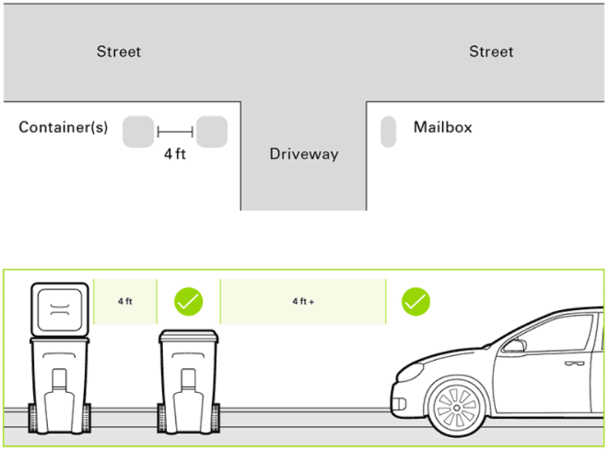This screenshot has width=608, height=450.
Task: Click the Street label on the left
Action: pos(119,52)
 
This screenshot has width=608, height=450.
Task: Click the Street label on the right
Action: pos(491,52)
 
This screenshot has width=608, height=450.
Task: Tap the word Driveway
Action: pos(304,154)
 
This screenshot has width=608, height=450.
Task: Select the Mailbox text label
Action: pos(443,127)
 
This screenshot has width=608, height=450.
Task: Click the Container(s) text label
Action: pos(64,127)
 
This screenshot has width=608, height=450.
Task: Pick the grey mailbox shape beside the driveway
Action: pos(388,132)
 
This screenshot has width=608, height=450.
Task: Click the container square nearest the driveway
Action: pos(212,132)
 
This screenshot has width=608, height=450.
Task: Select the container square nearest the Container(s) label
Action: pos(138,132)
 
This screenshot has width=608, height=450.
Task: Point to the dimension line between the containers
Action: pos(175,132)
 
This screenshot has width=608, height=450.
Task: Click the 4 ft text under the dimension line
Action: pos(175,154)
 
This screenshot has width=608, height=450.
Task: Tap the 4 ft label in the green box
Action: pos(125,301)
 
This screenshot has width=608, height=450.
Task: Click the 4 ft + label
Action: pos(303,301)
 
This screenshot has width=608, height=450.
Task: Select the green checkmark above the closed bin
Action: pos(189,301)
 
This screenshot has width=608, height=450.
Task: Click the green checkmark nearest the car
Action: pos(415,301)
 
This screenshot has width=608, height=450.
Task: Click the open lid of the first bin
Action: pos(60,310)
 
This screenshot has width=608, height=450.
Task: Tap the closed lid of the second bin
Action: pos(189,335)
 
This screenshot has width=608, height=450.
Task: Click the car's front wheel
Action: pos(457,408)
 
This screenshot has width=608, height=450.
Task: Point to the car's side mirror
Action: pos(515,345)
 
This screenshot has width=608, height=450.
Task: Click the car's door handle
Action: pos(575,363)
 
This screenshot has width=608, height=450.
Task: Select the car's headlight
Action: pos(409,373)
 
